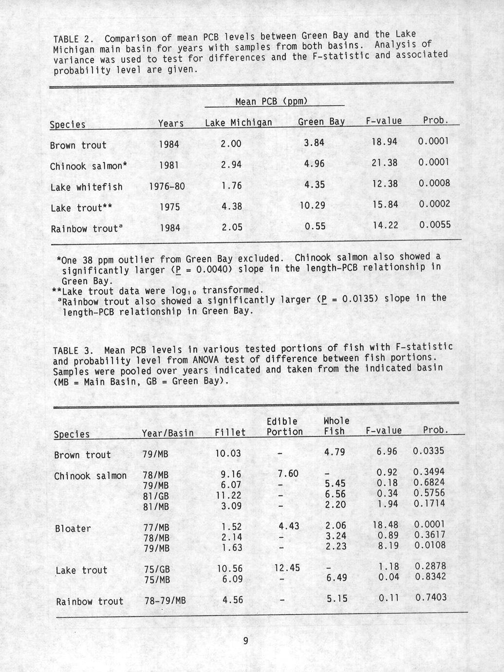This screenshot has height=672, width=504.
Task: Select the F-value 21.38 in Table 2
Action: click(384, 163)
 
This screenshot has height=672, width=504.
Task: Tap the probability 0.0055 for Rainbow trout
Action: click(434, 225)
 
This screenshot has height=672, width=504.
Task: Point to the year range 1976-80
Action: click(167, 186)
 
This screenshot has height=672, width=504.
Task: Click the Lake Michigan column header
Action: click(238, 123)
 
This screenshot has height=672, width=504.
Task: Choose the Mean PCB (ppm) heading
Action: click(271, 102)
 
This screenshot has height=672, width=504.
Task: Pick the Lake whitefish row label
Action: click(86, 187)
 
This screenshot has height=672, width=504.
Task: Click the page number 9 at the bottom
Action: click(245, 641)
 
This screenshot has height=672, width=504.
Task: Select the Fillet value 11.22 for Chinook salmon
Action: click(228, 495)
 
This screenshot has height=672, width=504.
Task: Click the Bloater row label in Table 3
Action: click(73, 528)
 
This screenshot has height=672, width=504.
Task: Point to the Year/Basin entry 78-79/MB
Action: click(165, 601)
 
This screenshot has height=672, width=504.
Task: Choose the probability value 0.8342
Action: click(429, 577)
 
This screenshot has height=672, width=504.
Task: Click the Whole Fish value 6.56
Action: click(335, 494)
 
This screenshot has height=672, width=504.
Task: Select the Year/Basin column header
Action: click(168, 433)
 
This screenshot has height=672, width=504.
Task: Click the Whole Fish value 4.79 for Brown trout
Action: click(335, 452)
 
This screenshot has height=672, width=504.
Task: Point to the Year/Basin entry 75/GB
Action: click(156, 569)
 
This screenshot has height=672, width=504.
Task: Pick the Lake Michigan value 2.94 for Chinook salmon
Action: click(231, 165)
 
